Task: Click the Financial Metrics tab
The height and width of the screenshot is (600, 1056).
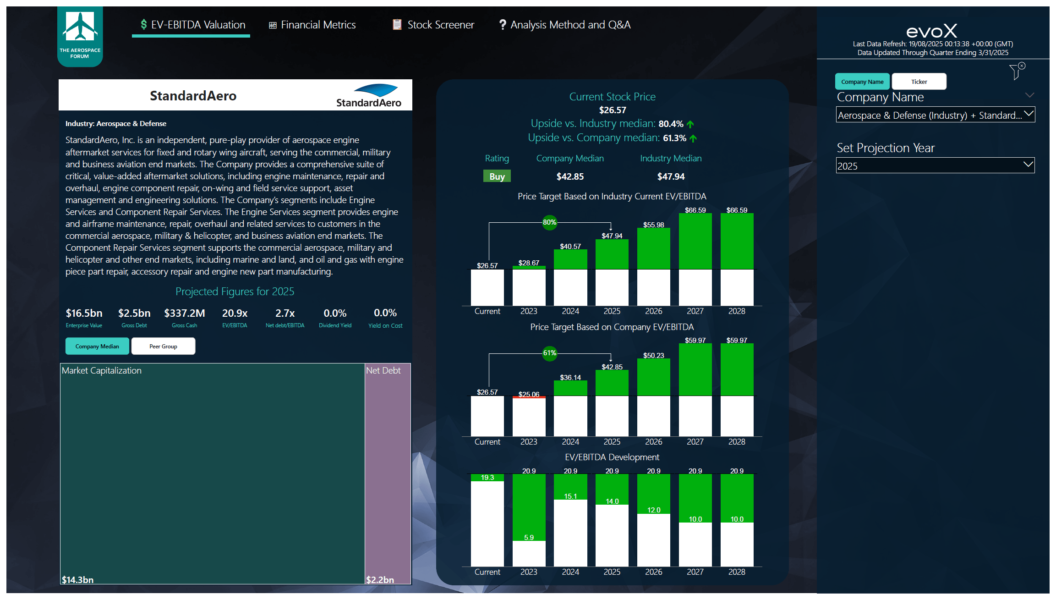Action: (312, 25)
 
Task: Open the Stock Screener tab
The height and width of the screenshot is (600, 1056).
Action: (433, 25)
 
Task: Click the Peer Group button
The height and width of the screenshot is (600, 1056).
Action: (163, 346)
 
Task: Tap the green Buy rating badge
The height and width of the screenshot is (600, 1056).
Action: (497, 176)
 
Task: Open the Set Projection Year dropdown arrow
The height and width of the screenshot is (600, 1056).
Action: (1028, 165)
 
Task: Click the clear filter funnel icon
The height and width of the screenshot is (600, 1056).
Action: (1016, 72)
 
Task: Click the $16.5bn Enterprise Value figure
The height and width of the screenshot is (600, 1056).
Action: (84, 313)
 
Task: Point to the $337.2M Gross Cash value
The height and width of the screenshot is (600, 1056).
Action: (184, 313)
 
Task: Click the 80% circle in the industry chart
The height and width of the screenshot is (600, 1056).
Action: (549, 222)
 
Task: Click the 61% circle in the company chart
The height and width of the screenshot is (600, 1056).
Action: (549, 353)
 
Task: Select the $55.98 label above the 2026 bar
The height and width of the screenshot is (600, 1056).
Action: (653, 225)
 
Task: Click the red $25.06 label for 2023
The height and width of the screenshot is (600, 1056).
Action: (529, 394)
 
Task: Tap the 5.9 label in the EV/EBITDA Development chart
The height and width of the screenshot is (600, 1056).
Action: (529, 537)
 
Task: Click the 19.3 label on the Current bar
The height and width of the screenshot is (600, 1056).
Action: (487, 478)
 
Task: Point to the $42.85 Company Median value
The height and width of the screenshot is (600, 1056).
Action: (570, 176)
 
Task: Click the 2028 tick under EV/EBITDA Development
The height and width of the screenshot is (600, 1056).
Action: (736, 572)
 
